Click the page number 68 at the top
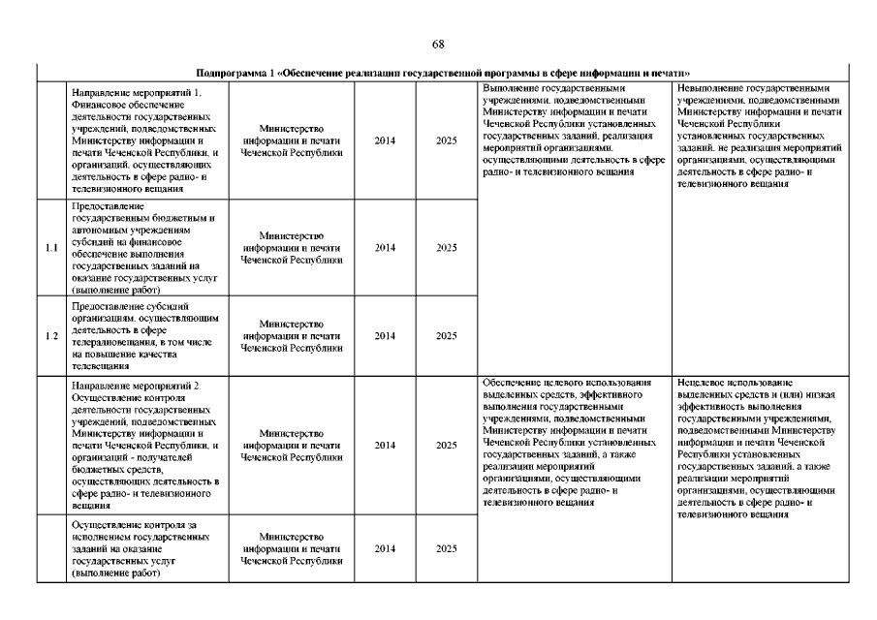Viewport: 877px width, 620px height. (x=438, y=44)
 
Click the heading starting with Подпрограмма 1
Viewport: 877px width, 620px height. (x=442, y=73)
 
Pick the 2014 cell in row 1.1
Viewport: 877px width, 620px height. (x=385, y=248)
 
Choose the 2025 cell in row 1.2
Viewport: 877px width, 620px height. (x=446, y=336)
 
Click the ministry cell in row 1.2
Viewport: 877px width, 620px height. (x=292, y=335)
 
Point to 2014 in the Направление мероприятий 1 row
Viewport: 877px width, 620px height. (x=385, y=140)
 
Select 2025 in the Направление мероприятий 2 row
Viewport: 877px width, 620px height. (x=446, y=446)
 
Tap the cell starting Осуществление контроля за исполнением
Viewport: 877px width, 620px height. (x=140, y=548)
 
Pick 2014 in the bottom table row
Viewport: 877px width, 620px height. (x=385, y=548)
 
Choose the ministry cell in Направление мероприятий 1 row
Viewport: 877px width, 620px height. (x=292, y=140)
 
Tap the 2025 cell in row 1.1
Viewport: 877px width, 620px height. (x=446, y=248)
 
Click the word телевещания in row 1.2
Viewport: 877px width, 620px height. (x=97, y=367)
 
